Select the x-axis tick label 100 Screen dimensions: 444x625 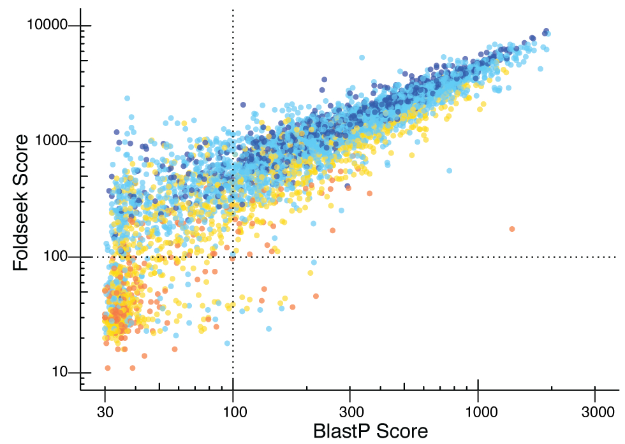(233, 412)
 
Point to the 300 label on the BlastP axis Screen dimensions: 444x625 (349, 412)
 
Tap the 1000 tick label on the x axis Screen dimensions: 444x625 (478, 412)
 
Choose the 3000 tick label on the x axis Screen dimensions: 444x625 (594, 412)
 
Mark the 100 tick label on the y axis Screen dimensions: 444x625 (56, 257)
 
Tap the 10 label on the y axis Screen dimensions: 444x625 (60, 373)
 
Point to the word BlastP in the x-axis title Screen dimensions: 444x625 (343, 431)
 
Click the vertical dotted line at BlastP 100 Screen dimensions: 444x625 (233, 319)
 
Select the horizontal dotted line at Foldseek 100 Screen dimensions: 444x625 (446, 257)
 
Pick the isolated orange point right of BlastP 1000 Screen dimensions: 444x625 (511, 229)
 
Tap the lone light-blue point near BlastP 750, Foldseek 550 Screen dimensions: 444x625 (449, 171)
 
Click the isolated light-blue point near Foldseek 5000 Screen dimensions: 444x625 (362, 57)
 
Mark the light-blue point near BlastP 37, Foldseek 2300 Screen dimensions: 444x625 (127, 98)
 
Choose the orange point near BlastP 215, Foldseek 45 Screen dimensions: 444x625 (316, 296)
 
